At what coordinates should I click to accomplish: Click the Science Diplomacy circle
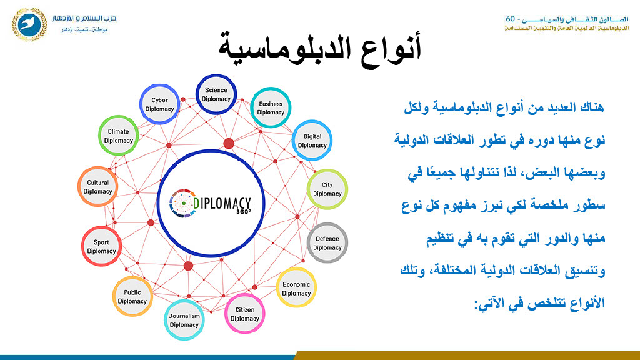216,94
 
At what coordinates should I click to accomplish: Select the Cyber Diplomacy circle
159,104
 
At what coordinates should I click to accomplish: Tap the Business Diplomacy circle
271,107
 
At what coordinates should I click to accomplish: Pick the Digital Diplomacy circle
312,141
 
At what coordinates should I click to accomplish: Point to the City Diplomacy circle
327,189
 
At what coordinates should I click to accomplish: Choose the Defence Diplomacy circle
327,243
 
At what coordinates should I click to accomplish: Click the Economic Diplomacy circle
296,288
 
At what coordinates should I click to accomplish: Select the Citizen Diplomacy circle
245,314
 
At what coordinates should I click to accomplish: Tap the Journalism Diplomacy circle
184,320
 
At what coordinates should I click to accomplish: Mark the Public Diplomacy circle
132,297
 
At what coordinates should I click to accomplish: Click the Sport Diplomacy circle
102,246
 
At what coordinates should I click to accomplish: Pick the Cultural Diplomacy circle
98,186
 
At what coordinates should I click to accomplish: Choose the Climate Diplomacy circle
118,136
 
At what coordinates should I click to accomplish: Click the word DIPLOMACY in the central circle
222,203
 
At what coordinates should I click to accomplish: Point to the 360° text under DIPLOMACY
244,211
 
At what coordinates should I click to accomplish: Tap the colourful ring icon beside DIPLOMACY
182,203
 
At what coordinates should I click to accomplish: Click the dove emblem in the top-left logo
29,24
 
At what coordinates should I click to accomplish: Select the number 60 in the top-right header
510,19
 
